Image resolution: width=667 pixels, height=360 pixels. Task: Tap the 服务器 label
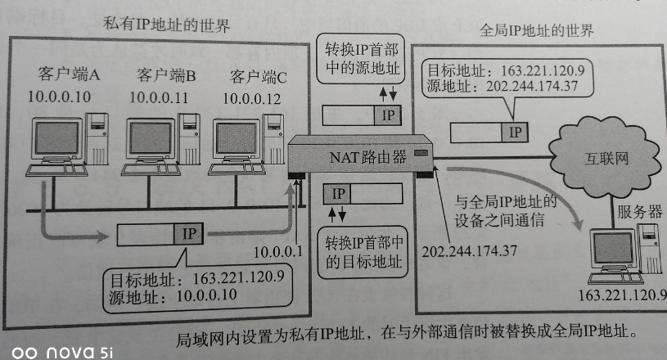click(x=638, y=210)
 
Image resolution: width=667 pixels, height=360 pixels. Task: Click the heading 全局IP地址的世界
click(x=535, y=32)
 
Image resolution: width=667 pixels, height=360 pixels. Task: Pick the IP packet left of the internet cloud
click(x=489, y=131)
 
